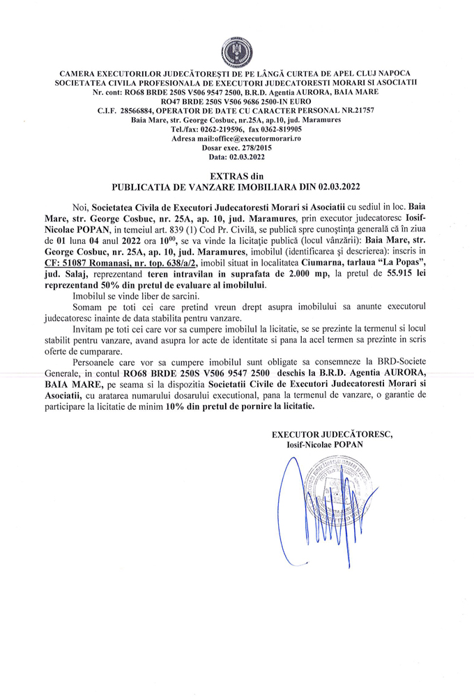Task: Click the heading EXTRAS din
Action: pyautogui.click(x=236, y=177)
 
